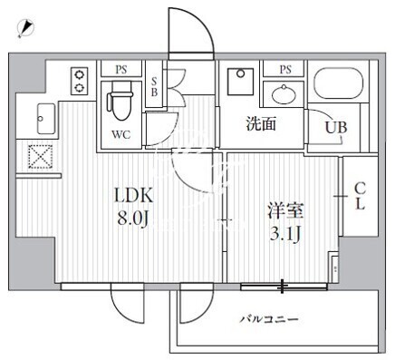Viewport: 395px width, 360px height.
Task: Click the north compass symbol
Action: [25, 28]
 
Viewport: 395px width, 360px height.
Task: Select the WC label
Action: [120, 134]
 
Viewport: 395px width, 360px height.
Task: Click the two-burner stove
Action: [80, 81]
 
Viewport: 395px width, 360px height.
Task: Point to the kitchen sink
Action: [46, 119]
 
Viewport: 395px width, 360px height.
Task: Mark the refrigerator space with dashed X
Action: [40, 157]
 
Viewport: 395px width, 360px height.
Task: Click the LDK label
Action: [133, 196]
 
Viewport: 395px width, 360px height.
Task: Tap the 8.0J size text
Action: [133, 219]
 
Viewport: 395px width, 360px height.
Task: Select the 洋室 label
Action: [285, 211]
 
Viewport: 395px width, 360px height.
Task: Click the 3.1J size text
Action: [285, 234]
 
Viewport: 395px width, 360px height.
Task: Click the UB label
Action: [336, 128]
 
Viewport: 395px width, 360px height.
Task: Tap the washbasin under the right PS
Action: [283, 94]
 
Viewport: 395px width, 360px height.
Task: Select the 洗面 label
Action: [262, 123]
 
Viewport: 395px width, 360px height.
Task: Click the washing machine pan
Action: [240, 82]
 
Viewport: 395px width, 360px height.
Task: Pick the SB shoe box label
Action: [154, 87]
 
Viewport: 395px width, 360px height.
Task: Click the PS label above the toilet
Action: [121, 70]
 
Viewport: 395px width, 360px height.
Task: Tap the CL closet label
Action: [360, 197]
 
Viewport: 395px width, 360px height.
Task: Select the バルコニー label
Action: [269, 319]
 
